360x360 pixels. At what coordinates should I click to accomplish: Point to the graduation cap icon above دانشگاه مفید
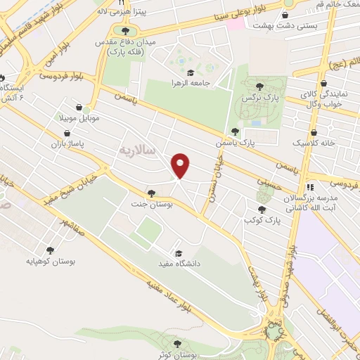coord(178,253)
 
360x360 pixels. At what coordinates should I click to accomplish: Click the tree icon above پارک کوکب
coord(262,209)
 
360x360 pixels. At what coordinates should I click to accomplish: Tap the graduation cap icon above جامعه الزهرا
coord(189,72)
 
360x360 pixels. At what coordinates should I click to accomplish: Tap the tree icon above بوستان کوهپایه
coord(50,249)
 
